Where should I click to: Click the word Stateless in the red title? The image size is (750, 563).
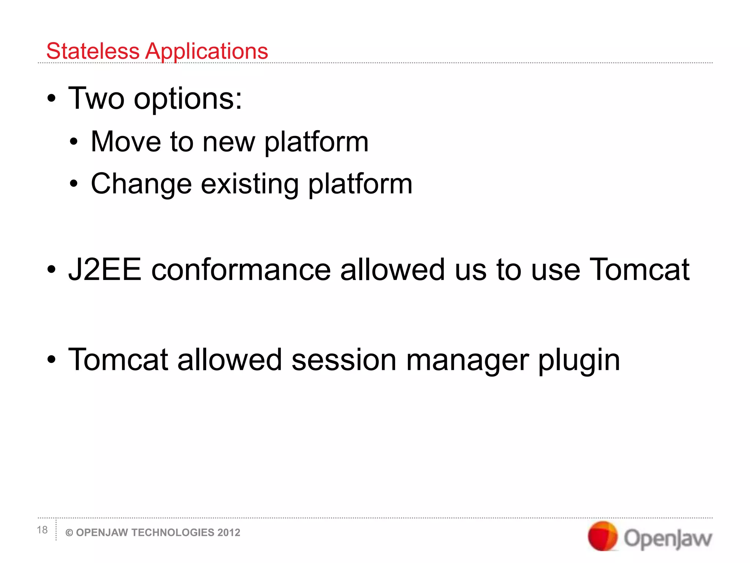(x=93, y=51)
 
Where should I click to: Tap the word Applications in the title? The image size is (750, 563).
(x=207, y=52)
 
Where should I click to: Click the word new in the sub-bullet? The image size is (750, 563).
(x=229, y=142)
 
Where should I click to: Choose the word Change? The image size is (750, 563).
(x=141, y=184)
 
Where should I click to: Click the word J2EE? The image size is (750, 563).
(x=105, y=270)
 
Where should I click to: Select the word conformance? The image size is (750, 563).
(x=241, y=270)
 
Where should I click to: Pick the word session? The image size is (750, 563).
(x=344, y=360)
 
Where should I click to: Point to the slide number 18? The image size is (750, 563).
(x=42, y=530)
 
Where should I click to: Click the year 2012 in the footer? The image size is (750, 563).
(x=229, y=533)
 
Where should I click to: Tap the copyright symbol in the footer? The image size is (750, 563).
(x=69, y=533)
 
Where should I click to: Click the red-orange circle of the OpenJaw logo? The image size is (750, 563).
(x=602, y=536)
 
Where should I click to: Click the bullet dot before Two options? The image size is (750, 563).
(x=52, y=99)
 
